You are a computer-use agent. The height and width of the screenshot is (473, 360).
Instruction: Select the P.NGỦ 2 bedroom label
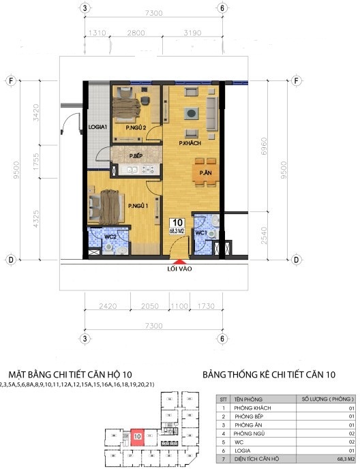pyautogui.click(x=136, y=127)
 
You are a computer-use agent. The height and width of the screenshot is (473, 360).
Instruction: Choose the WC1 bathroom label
pyautogui.click(x=201, y=234)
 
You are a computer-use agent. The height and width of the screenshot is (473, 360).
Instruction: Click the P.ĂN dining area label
pyautogui.click(x=203, y=173)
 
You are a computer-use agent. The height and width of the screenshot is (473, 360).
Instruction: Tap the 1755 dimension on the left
pyautogui.click(x=38, y=163)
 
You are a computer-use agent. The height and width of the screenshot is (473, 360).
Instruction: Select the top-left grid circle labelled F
pyautogui.click(x=11, y=80)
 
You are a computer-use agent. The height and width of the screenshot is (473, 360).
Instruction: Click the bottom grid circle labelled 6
pyautogui.click(x=222, y=338)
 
